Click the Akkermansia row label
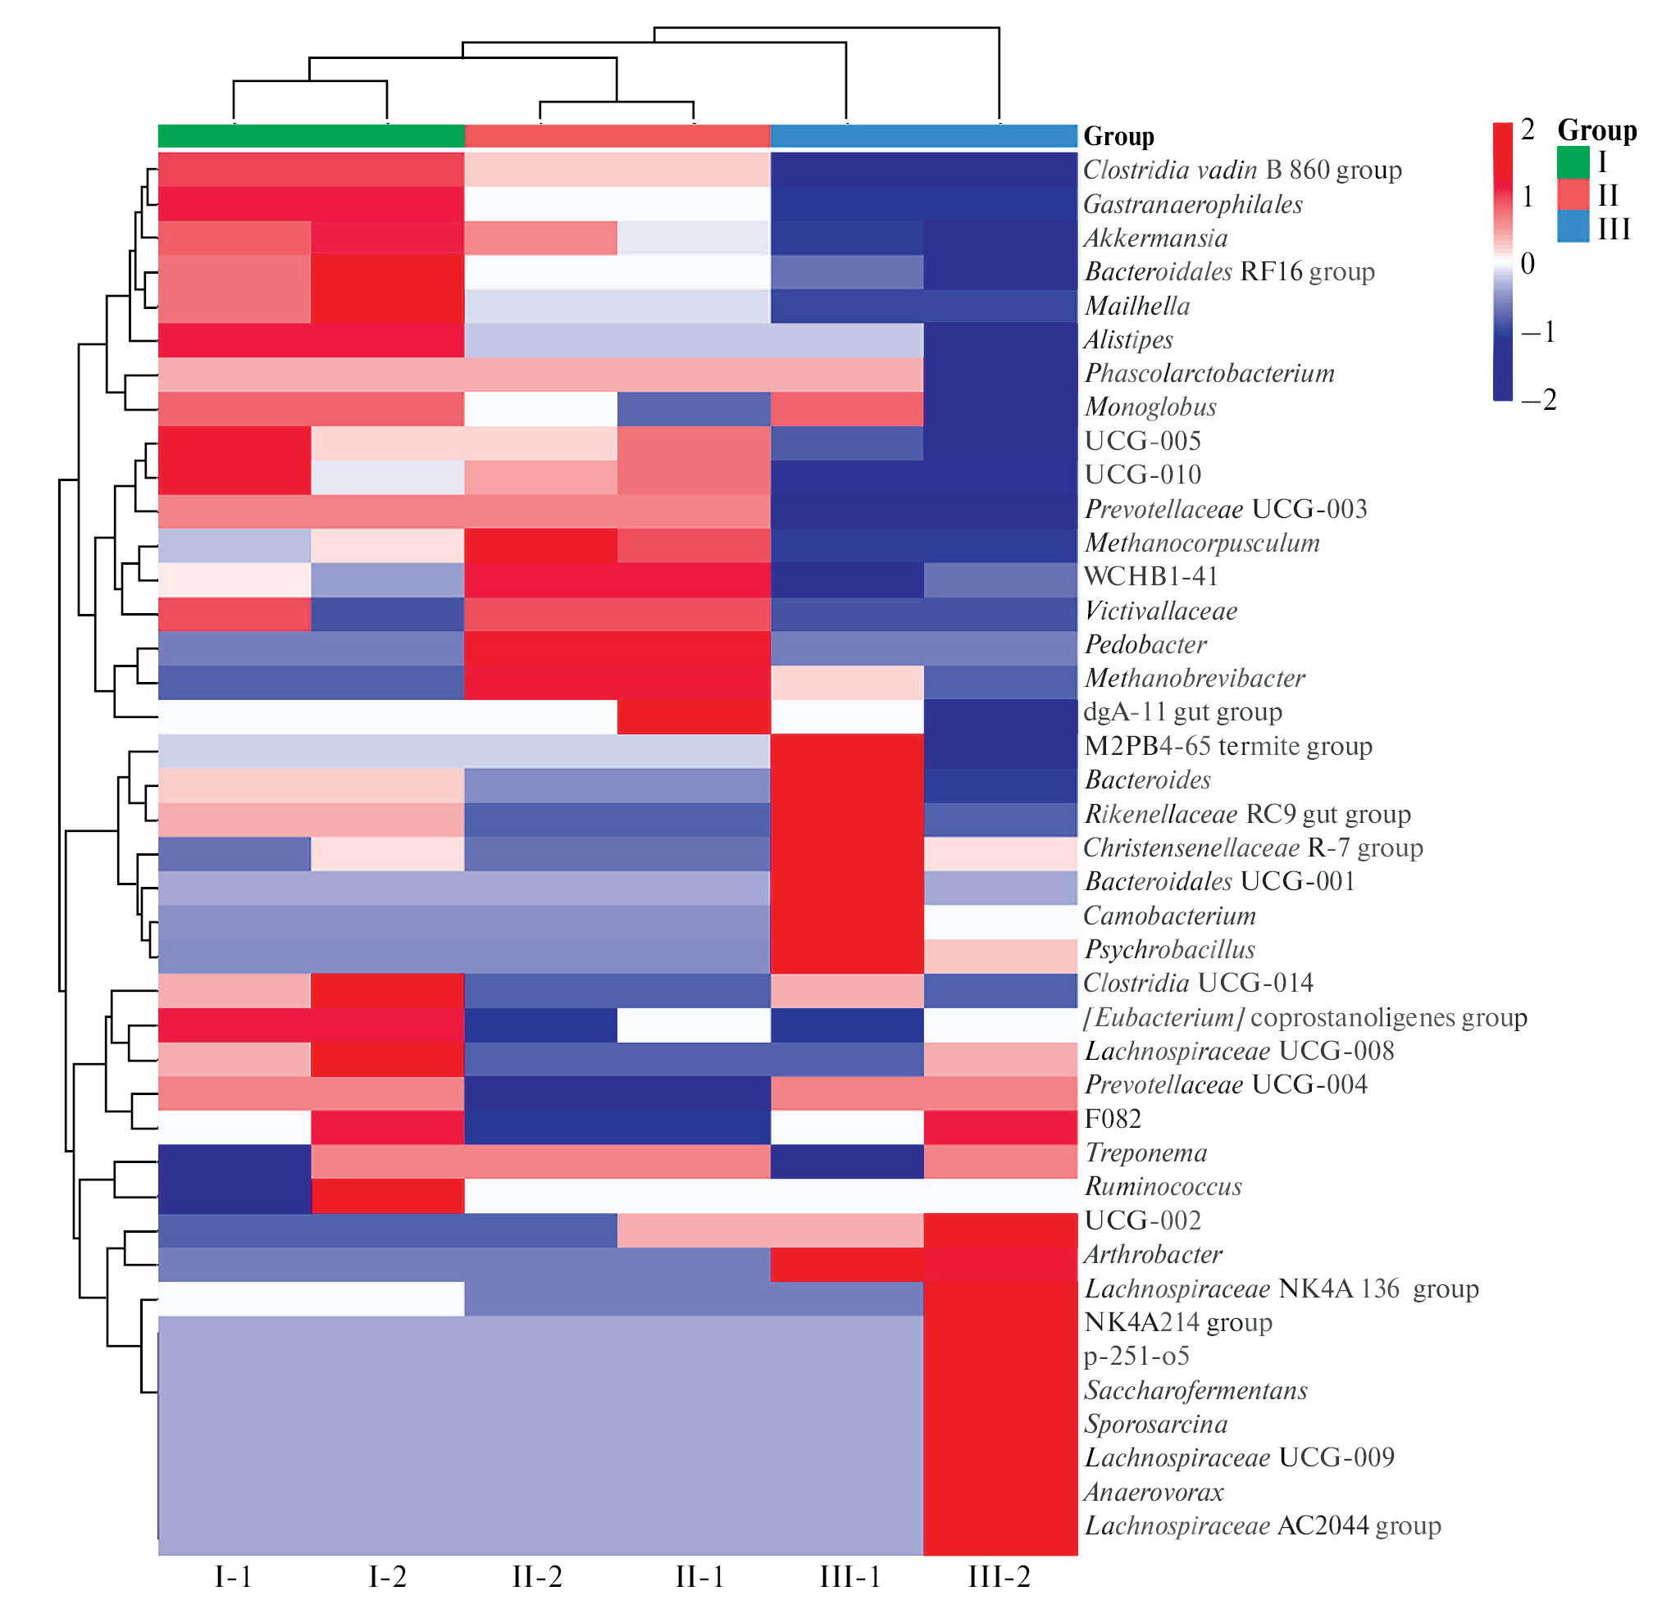tap(1155, 239)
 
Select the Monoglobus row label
tap(1150, 407)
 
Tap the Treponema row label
tap(1145, 1153)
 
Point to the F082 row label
tap(1113, 1119)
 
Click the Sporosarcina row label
tap(1156, 1425)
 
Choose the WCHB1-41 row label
tap(1150, 576)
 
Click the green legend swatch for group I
tap(1573, 163)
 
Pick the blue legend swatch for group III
tap(1573, 228)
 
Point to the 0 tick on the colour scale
tap(1528, 264)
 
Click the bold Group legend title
tap(1596, 130)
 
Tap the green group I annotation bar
tap(312, 136)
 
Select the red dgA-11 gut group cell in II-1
tap(694, 716)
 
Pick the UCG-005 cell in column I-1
tap(234, 443)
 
